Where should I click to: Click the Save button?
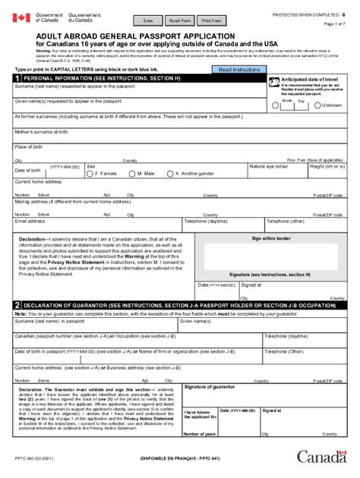[147, 20]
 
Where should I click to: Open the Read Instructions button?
[239, 69]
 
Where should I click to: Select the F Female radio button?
[90, 174]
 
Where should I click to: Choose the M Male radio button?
[132, 174]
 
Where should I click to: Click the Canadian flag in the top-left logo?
[19, 17]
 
